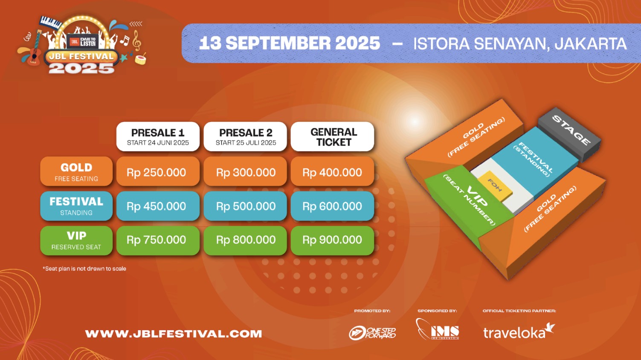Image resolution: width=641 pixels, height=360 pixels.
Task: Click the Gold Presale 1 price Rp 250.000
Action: (x=157, y=172)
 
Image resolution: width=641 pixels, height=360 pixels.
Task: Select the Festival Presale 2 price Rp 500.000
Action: (x=245, y=206)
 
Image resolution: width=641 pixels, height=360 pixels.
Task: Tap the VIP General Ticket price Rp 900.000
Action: (x=332, y=240)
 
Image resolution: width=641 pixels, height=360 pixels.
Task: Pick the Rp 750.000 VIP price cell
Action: (x=157, y=240)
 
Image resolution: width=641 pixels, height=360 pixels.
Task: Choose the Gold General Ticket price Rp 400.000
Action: (x=332, y=172)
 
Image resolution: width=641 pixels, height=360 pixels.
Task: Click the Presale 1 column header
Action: (x=158, y=136)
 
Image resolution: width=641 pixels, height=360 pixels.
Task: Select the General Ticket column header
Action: (x=333, y=136)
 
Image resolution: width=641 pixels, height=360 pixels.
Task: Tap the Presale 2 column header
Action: (x=246, y=136)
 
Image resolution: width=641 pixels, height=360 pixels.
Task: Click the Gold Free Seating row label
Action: (x=76, y=171)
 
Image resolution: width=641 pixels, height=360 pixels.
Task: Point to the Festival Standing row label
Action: (x=76, y=206)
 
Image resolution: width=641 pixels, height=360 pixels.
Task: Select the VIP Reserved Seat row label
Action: (x=76, y=241)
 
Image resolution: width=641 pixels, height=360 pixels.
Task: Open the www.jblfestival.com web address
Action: (x=174, y=334)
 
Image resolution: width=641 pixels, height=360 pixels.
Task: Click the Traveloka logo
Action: (x=518, y=331)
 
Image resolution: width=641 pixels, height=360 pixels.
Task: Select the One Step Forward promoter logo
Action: (x=372, y=333)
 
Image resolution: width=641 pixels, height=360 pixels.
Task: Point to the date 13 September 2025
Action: (x=290, y=44)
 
